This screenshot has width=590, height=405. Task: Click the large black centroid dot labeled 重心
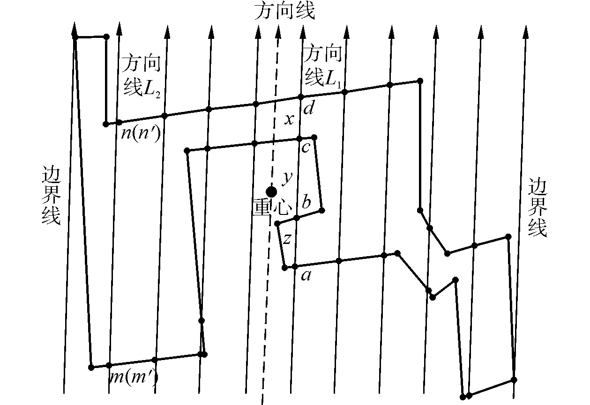tap(271, 191)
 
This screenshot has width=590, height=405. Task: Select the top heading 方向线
tap(284, 12)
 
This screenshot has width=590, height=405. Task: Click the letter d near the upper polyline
tap(308, 110)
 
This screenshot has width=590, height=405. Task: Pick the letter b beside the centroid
tap(306, 203)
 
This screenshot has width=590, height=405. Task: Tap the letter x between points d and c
tap(290, 120)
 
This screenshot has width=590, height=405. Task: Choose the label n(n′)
tap(141, 133)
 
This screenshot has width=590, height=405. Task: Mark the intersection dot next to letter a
tap(295, 266)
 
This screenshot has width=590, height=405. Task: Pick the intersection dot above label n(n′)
tap(119, 122)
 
